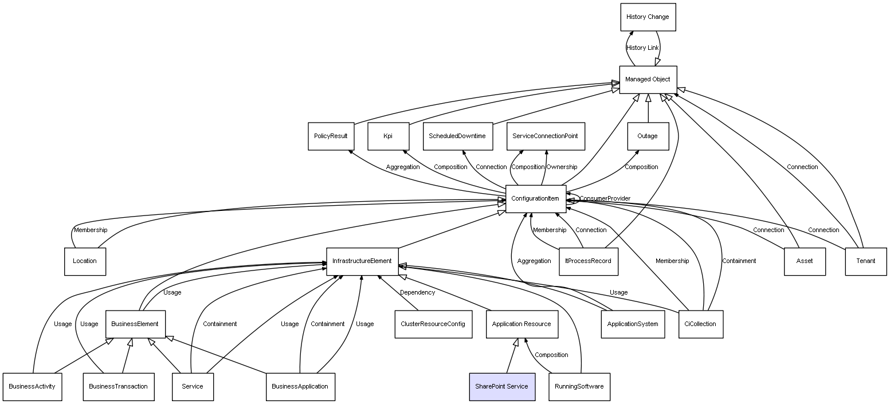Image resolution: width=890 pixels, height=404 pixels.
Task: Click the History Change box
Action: [x=648, y=17]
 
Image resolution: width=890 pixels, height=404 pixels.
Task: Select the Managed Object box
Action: [x=648, y=80]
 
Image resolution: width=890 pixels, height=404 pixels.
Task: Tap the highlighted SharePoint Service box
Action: [x=502, y=387]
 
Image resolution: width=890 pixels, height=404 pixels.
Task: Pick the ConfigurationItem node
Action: [x=536, y=199]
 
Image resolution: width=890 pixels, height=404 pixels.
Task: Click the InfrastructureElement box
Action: [x=362, y=261]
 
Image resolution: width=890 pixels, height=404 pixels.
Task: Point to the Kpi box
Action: [x=388, y=136]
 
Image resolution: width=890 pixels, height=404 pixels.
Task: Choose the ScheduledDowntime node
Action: [x=458, y=136]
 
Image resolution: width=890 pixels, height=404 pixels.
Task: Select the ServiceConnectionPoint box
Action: [x=546, y=136]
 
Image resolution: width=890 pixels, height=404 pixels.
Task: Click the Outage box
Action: [x=648, y=136]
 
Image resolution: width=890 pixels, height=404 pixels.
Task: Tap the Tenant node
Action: [x=866, y=261]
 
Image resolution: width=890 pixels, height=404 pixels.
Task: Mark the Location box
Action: [x=85, y=261]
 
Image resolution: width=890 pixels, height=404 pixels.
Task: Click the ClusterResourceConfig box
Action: [x=433, y=324]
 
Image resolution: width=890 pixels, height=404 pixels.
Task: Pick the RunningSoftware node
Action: [x=579, y=387]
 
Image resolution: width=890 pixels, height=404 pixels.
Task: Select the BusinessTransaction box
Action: [x=119, y=387]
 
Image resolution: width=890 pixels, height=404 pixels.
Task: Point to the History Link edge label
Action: [x=642, y=48]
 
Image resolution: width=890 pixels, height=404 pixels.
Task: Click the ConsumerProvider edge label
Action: [x=605, y=199]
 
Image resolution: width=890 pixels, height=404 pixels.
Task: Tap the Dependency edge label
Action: [x=417, y=293]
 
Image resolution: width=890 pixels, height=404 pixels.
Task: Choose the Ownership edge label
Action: [x=562, y=167]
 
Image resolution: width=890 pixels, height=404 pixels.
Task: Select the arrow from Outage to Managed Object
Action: [x=648, y=108]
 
